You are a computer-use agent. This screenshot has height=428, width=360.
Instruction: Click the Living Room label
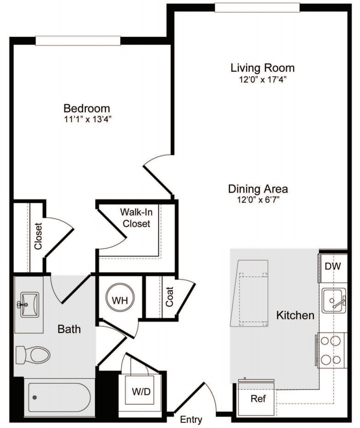(262, 68)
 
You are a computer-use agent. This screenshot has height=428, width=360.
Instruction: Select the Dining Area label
(258, 189)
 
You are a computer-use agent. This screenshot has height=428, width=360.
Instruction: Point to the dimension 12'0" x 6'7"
(258, 199)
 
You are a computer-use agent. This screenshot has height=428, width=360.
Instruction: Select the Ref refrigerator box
(258, 399)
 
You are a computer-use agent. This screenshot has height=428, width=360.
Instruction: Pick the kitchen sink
(334, 301)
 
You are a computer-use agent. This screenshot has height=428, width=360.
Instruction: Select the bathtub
(57, 397)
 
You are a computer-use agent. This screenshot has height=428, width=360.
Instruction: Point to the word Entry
(191, 420)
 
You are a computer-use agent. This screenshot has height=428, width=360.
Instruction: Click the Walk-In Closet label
(135, 218)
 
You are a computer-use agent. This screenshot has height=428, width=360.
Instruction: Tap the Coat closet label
(170, 297)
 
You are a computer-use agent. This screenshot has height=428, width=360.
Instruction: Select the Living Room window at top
(257, 7)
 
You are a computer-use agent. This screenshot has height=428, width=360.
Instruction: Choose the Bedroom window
(78, 41)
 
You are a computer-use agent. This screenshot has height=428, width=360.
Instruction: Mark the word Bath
(69, 329)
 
